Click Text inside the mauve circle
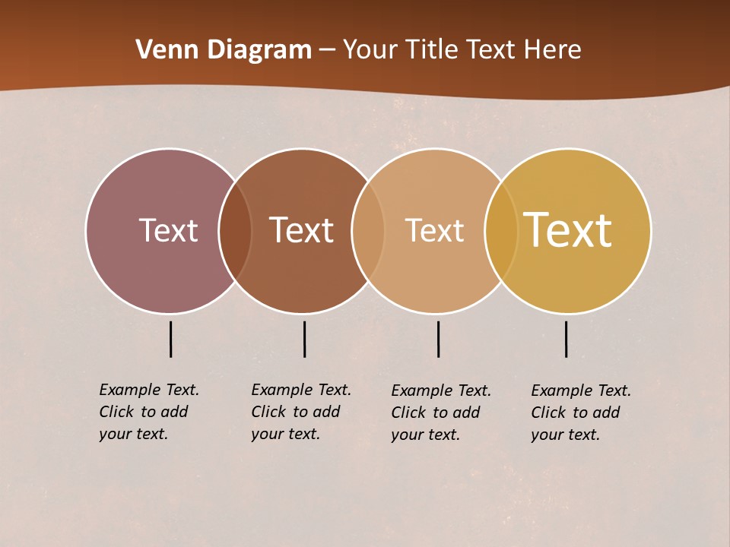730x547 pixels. (168, 230)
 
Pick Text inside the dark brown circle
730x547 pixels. (301, 230)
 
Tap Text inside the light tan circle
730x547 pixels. (434, 230)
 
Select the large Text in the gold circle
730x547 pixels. (568, 230)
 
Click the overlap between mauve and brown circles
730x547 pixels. (235, 230)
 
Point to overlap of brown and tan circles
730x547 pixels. (368, 230)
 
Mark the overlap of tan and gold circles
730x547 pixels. (501, 230)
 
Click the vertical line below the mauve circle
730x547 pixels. (171, 339)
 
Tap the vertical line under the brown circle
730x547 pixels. (304, 339)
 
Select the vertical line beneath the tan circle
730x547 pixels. (438, 339)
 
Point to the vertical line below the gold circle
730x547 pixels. (566, 339)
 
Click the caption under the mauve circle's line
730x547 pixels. (149, 412)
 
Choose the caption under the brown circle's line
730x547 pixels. (301, 412)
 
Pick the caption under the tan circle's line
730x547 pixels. (441, 413)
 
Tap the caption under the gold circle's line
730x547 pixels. (581, 413)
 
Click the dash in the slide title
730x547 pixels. (327, 51)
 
